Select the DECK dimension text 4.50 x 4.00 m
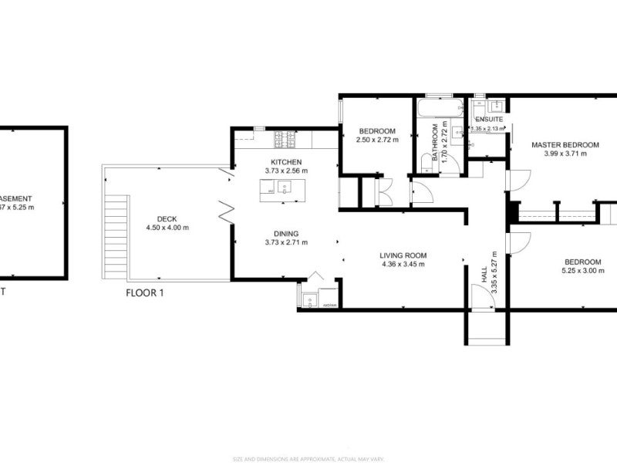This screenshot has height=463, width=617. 167,228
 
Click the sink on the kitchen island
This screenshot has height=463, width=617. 283,186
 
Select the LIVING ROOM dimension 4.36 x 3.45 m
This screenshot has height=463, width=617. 403,265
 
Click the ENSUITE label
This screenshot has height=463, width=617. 489,120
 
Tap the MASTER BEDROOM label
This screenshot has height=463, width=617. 565,144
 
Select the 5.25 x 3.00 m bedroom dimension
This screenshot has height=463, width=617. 582,271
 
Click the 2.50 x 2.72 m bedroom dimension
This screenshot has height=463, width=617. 376,140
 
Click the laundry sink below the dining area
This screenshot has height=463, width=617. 310,299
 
